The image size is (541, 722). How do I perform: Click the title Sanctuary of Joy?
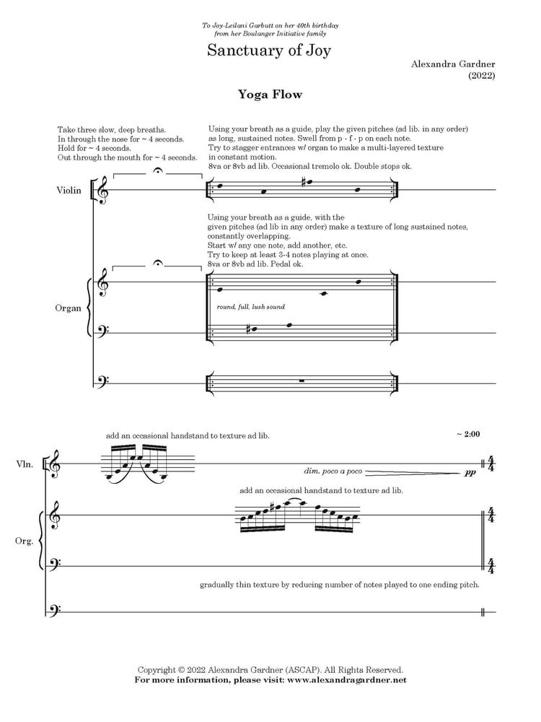tap(269, 50)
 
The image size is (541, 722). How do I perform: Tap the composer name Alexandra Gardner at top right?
tap(453, 64)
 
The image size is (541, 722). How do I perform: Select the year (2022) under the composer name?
tap(482, 76)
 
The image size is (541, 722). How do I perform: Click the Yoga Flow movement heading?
tap(270, 95)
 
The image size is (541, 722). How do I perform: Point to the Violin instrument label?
tap(69, 190)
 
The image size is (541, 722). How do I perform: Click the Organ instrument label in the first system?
tap(68, 308)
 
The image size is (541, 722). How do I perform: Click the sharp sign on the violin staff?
tap(303, 182)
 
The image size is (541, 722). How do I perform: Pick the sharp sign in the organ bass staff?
tap(248, 329)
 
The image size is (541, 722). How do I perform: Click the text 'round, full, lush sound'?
tap(251, 307)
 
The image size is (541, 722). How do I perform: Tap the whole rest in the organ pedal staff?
tap(302, 380)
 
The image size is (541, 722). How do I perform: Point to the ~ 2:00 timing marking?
tap(468, 434)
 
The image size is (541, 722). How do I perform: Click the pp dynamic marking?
tap(470, 472)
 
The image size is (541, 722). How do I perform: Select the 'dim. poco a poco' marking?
tap(333, 471)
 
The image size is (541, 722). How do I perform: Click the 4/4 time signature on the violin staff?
tap(491, 464)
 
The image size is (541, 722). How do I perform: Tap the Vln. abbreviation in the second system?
tap(25, 464)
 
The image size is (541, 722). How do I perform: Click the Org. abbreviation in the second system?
tap(24, 541)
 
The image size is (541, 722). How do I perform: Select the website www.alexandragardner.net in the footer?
tap(347, 680)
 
